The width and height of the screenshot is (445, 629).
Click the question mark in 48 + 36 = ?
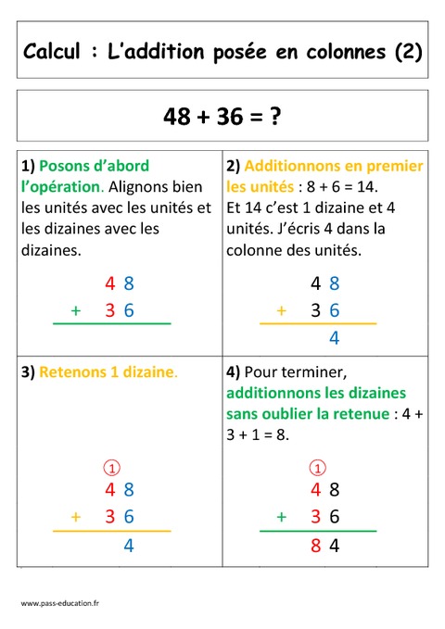pyautogui.click(x=275, y=117)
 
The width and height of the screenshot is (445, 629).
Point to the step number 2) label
pyautogui.click(x=233, y=167)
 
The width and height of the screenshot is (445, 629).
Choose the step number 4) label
pyautogui.click(x=233, y=372)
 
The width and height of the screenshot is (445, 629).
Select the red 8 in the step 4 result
pyautogui.click(x=316, y=546)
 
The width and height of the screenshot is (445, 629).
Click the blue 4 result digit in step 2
pyautogui.click(x=335, y=338)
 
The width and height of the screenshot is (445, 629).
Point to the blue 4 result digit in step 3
pyautogui.click(x=129, y=546)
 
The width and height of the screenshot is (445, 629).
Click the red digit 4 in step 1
pyautogui.click(x=110, y=283)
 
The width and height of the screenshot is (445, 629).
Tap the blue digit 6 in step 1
pyautogui.click(x=129, y=310)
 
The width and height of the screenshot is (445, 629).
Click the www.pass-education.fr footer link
pyautogui.click(x=60, y=603)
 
